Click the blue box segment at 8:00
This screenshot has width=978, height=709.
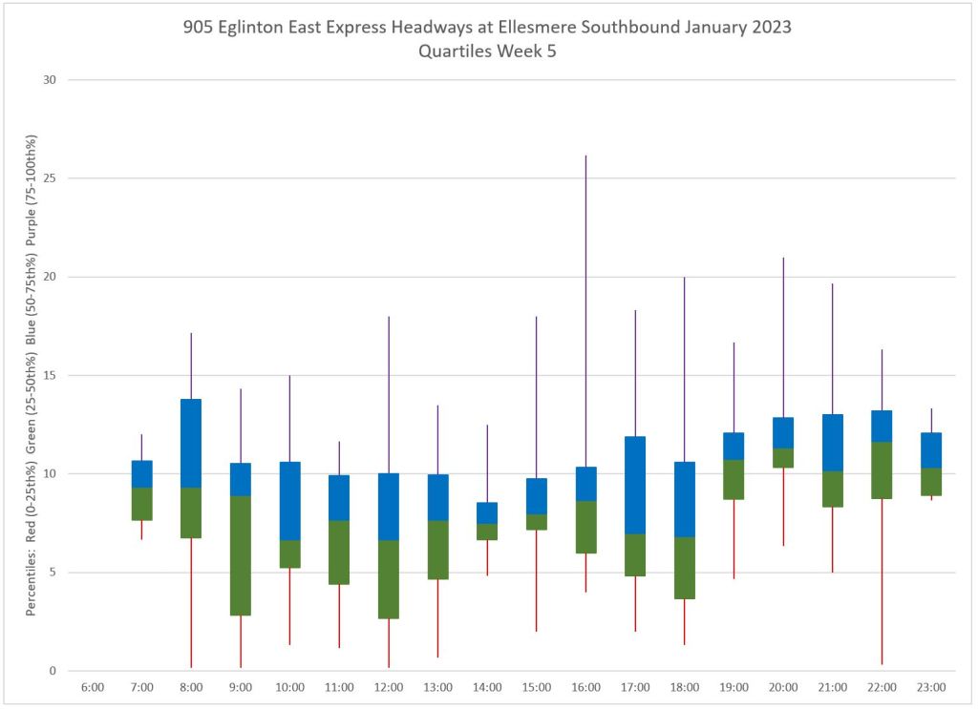coord(191,444)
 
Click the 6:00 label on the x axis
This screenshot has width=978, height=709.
coord(93,687)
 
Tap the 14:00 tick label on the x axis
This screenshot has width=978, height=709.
coord(487,687)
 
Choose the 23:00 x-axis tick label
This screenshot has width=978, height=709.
coord(931,687)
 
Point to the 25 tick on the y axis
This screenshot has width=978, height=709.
coord(50,178)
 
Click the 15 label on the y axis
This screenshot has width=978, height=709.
coord(50,375)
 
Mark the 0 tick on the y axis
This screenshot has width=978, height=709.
coord(53,671)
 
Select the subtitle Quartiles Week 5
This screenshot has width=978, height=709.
coord(487,52)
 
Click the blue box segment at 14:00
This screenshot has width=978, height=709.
coord(487,512)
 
